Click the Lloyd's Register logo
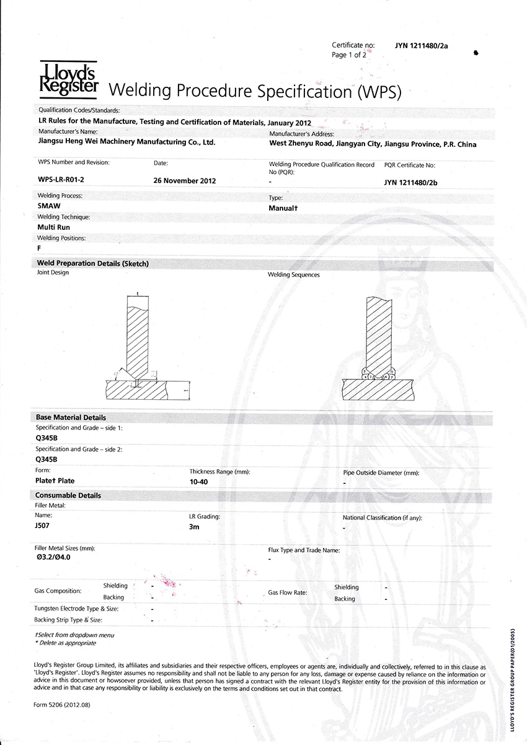coord(68,78)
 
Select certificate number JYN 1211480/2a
coord(421,45)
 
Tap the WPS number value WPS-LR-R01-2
coord(60,180)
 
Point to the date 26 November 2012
coord(184,181)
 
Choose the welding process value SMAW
coord(49,206)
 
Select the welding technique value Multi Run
coord(54,227)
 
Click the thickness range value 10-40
coord(200,482)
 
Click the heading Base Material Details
coord(71,418)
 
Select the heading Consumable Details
coord(68,496)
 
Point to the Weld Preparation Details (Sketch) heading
coord(93,263)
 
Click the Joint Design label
coord(53,273)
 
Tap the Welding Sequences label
coord(293,275)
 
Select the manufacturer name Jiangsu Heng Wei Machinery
coord(126,142)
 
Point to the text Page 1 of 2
coord(349,55)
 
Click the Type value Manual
coord(283,208)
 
